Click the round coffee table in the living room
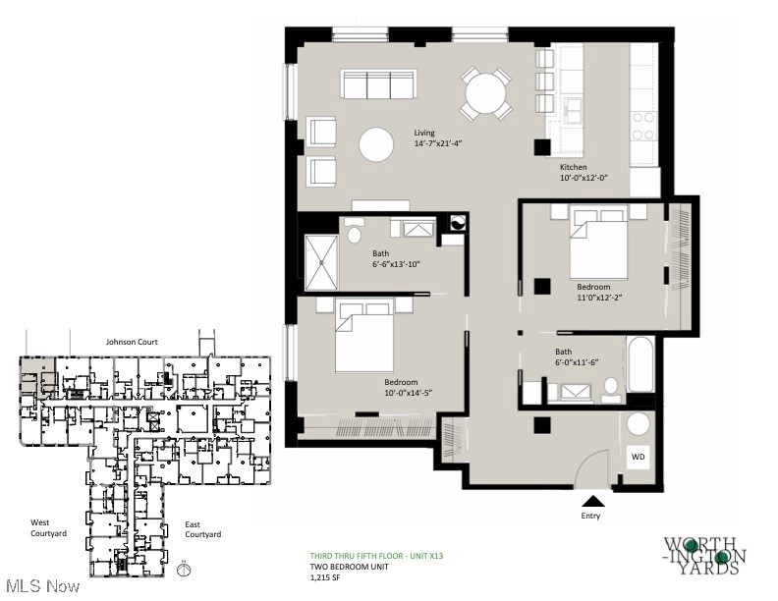(377, 145)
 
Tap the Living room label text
(423, 134)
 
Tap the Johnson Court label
(132, 342)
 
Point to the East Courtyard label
(203, 529)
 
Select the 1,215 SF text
(328, 577)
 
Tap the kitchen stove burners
(643, 125)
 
